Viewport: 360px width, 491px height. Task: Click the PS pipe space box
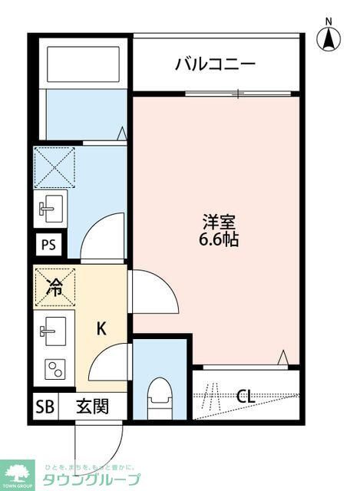point(48,246)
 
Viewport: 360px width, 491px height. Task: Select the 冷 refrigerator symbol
point(54,287)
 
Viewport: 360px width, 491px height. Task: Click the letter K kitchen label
point(101,329)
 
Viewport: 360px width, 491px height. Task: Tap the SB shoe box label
point(43,407)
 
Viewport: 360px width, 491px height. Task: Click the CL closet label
point(246,396)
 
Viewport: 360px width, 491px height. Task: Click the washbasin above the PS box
point(51,206)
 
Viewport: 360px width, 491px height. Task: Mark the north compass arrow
point(329,38)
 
